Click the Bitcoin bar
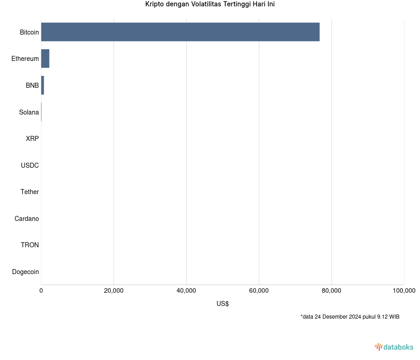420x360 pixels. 180,32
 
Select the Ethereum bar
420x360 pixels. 45,59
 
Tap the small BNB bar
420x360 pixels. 42,85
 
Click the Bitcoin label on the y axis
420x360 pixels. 29,32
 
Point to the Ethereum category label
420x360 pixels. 25,59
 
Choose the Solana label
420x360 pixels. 29,112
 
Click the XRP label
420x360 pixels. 32,139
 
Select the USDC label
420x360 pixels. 30,165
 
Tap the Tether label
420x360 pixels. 30,192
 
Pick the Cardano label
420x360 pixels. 26,219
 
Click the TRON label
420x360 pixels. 30,245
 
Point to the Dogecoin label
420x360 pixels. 25,272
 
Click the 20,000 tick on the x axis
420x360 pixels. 114,291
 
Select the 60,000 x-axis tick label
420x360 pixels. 259,291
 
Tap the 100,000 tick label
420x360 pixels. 404,291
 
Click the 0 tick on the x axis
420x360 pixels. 41,291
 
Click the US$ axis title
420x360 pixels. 222,304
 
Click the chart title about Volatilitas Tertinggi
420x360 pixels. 210,5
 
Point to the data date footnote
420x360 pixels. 350,317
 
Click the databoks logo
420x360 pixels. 394,347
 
